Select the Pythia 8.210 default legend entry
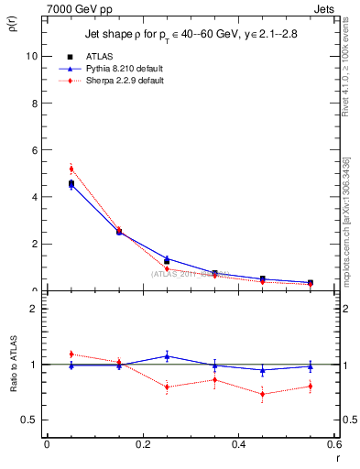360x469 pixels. [x=122, y=68]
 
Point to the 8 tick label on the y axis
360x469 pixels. [x=34, y=103]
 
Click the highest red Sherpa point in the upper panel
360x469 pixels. [x=71, y=169]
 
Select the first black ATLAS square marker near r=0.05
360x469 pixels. [x=71, y=183]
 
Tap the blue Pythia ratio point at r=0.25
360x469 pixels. [x=167, y=355]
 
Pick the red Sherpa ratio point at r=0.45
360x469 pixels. [x=263, y=395]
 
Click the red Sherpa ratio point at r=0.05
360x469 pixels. [x=71, y=354]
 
